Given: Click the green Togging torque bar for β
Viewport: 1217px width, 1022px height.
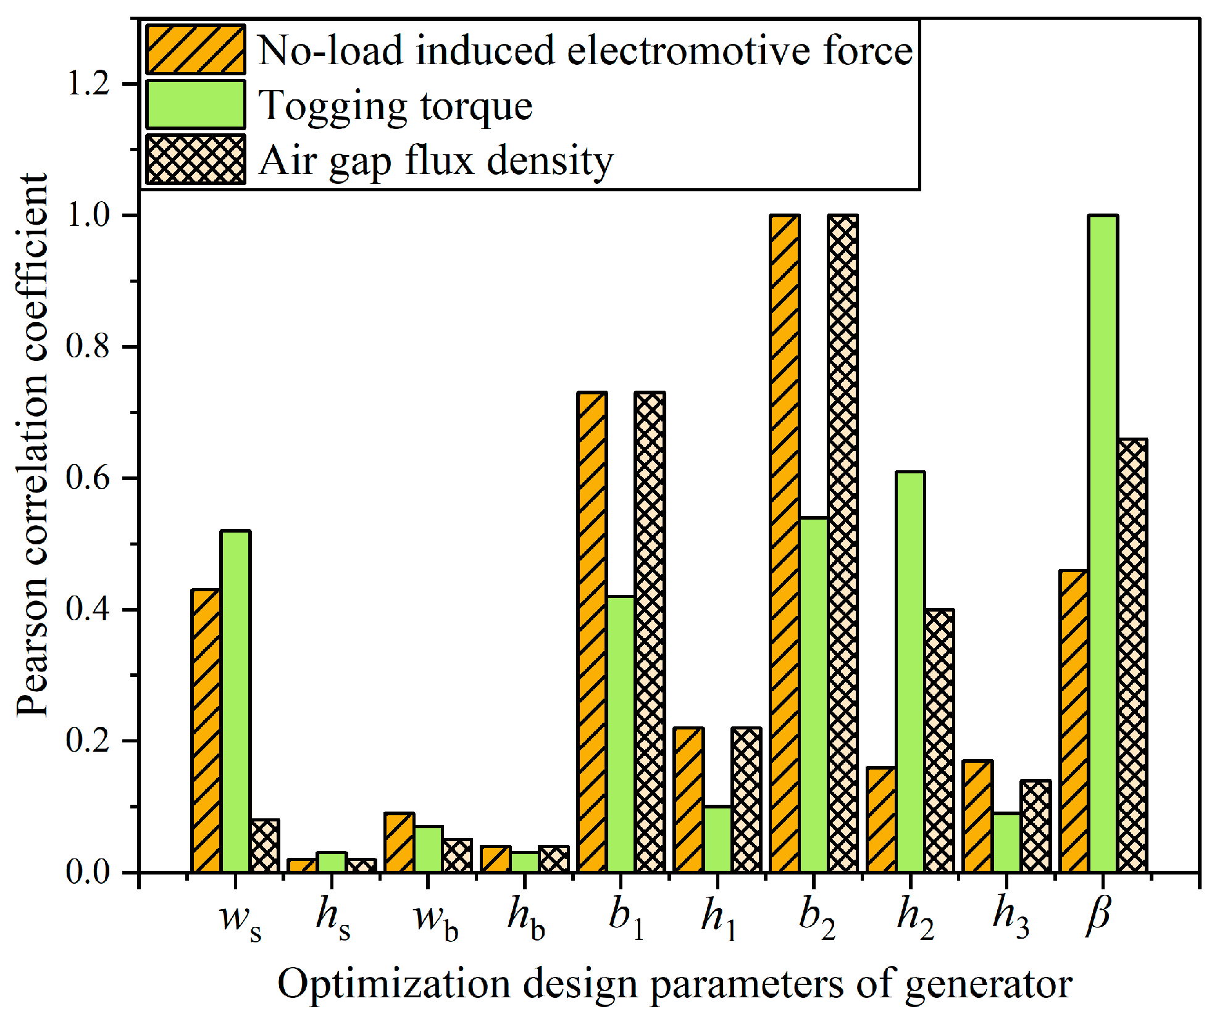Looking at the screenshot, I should point(1103,543).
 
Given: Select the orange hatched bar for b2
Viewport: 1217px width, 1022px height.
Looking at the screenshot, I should point(785,543).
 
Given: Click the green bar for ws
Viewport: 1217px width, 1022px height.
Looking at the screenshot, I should point(235,700).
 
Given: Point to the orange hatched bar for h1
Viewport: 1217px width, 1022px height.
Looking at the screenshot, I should point(688,799).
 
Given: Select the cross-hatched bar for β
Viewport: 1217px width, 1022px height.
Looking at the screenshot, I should point(1132,655).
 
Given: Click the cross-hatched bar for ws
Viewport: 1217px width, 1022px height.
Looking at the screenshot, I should point(264,845).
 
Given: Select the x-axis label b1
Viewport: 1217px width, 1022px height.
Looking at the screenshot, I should point(626,916).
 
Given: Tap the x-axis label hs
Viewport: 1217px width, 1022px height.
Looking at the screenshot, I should point(333,916).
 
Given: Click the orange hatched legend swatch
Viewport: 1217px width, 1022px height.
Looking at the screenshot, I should point(196,50).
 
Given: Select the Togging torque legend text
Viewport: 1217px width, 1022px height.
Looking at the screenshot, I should point(395,106).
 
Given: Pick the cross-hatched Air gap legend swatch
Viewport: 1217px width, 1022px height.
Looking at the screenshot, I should point(196,160).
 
